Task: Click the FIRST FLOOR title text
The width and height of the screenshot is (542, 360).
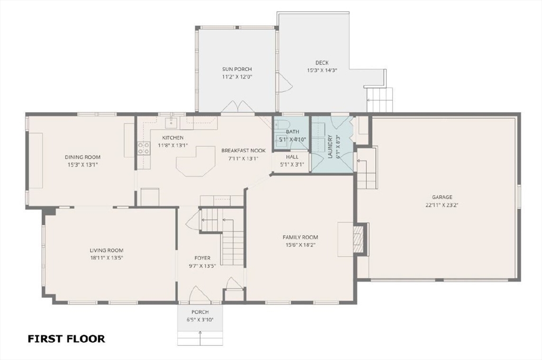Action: [66, 339]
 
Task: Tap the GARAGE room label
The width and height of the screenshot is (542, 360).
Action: [442, 197]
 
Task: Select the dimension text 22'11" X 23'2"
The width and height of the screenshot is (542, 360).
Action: [442, 205]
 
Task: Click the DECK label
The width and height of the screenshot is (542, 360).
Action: [322, 62]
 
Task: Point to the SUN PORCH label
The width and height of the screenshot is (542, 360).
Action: [237, 69]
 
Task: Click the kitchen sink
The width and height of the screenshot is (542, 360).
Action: [171, 122]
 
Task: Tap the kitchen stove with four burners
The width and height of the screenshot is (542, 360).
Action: [144, 148]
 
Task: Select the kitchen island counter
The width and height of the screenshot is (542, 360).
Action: [196, 161]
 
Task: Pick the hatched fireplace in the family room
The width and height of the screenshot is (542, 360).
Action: [358, 238]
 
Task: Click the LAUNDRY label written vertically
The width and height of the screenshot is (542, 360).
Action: [330, 147]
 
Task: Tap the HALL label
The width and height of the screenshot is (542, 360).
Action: [292, 157]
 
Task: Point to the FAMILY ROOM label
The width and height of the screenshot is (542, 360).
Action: [300, 237]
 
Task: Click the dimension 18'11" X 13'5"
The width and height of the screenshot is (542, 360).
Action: [106, 258]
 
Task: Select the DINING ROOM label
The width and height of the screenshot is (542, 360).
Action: [83, 157]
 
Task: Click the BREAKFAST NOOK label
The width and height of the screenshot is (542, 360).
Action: [243, 150]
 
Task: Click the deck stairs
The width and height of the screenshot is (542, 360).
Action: [380, 100]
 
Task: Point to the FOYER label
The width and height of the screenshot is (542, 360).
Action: [202, 258]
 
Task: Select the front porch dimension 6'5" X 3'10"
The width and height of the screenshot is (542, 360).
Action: [200, 320]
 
